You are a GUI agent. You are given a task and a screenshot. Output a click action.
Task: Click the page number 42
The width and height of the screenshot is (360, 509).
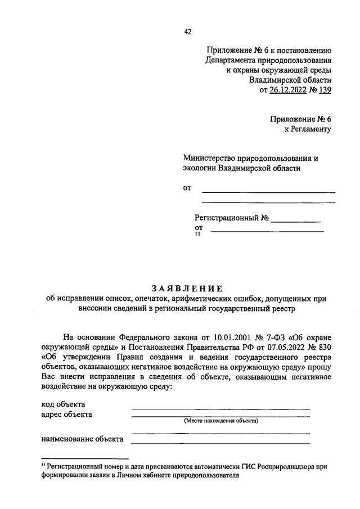[x=188, y=31]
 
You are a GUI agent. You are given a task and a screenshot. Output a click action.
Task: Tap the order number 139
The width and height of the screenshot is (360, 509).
[x=325, y=90]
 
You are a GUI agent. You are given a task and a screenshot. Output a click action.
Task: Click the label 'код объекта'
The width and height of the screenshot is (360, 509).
[x=63, y=404]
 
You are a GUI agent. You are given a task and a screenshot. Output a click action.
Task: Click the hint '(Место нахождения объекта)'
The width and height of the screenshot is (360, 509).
[x=220, y=421]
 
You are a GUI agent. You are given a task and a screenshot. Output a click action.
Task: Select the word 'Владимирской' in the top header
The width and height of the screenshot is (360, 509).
[x=273, y=80]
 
